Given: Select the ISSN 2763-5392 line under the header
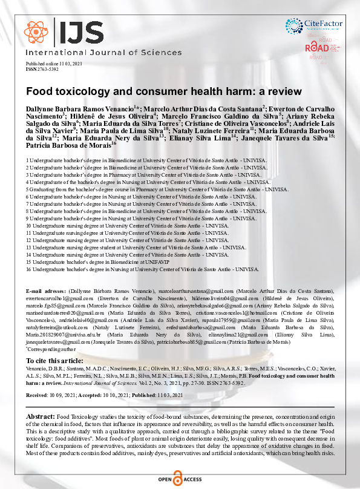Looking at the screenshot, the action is [42, 69].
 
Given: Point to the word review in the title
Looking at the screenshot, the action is [284, 92].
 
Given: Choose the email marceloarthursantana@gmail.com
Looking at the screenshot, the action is [197, 292].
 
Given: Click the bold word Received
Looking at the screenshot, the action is [37, 395].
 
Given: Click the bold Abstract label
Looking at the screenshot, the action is [40, 418].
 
